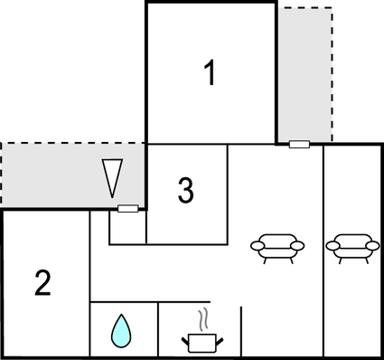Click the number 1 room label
click(210, 73)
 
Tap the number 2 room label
click(42, 283)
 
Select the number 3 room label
click(185, 191)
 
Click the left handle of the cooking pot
click(184, 338)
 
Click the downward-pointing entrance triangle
click(112, 175)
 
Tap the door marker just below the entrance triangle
click(127, 208)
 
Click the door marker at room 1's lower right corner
click(298, 143)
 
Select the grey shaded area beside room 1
click(304, 72)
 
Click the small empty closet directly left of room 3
click(127, 228)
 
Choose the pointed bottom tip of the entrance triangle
click(112, 194)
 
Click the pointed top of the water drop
click(120, 316)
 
